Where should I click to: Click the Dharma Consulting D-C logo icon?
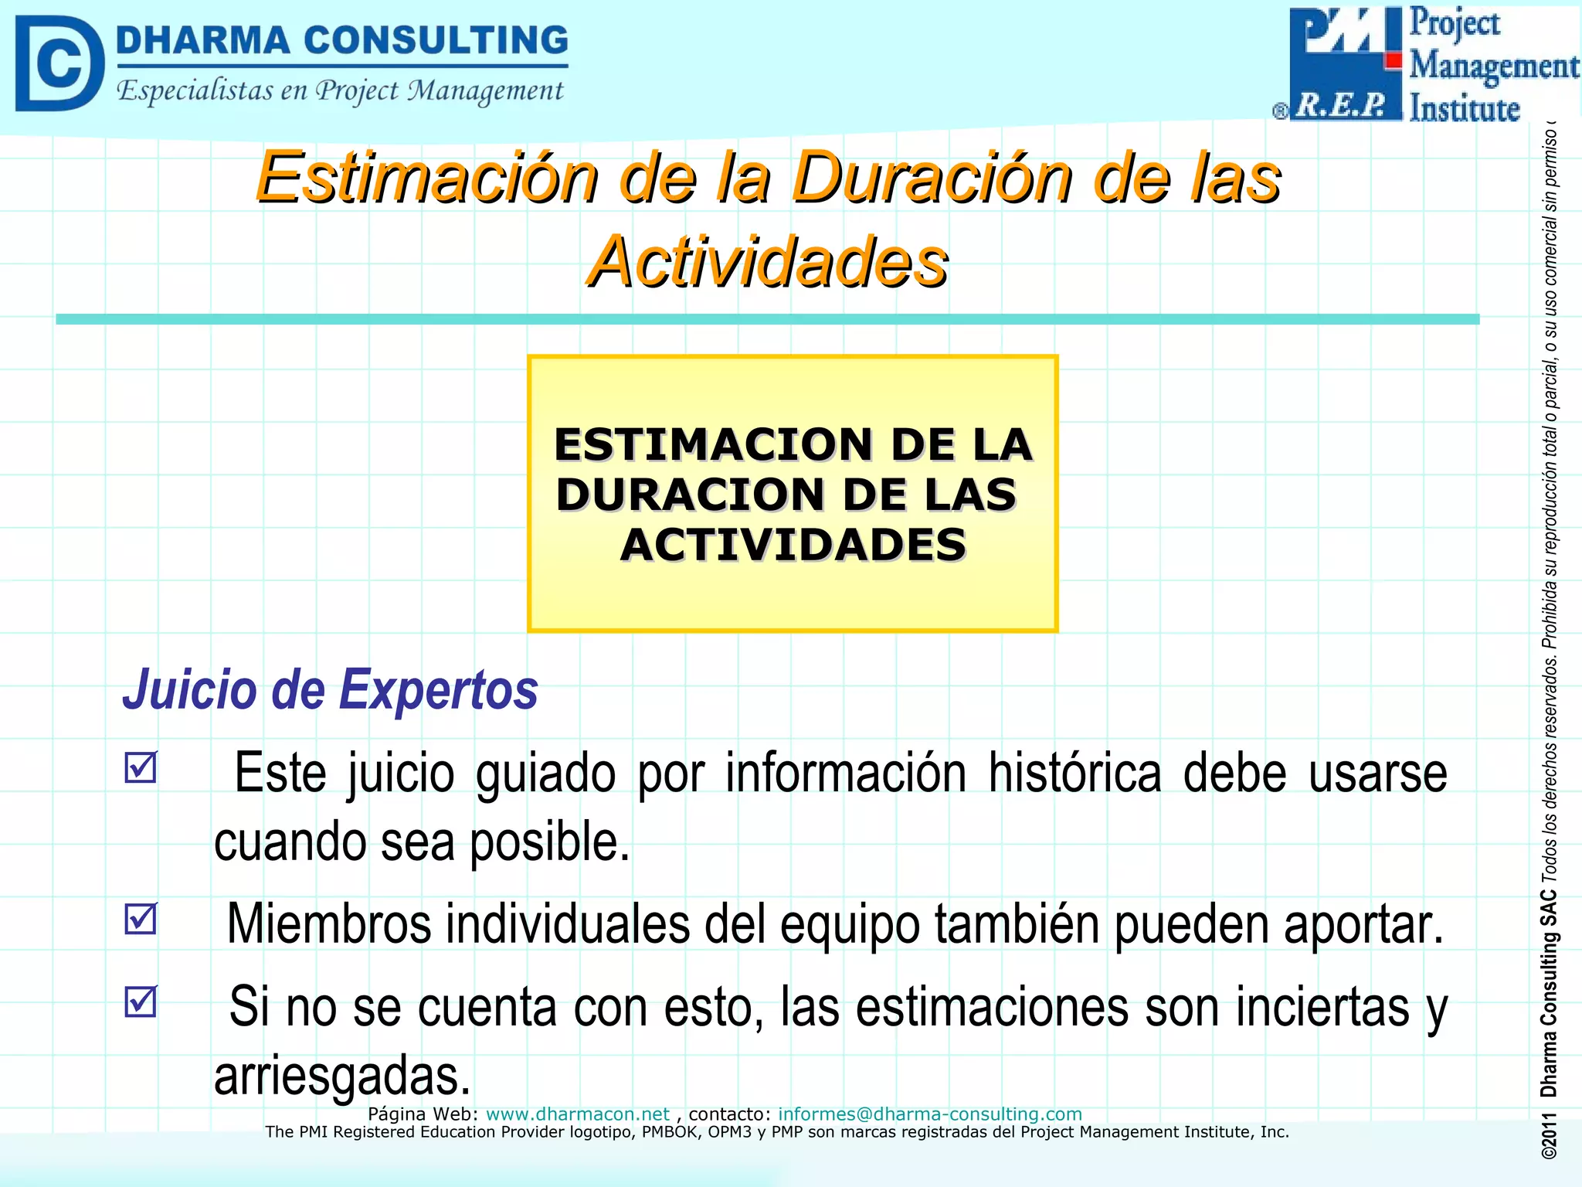tap(59, 64)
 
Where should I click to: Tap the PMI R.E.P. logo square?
tap(1345, 63)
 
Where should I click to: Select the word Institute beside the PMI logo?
tap(1464, 108)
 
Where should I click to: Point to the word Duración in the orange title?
tap(934, 178)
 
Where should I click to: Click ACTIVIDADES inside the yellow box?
tap(793, 544)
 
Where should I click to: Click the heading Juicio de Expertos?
tap(330, 689)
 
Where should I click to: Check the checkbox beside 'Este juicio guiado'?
tap(141, 767)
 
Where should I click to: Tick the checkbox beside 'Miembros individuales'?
tap(141, 919)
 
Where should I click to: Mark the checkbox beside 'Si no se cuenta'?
tap(141, 1002)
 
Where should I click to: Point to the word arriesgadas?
tap(342, 1075)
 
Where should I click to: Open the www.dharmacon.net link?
tap(577, 1114)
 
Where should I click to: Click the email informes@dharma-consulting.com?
tap(929, 1114)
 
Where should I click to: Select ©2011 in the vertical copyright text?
tap(1548, 1135)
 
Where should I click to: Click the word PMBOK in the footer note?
tap(670, 1132)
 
